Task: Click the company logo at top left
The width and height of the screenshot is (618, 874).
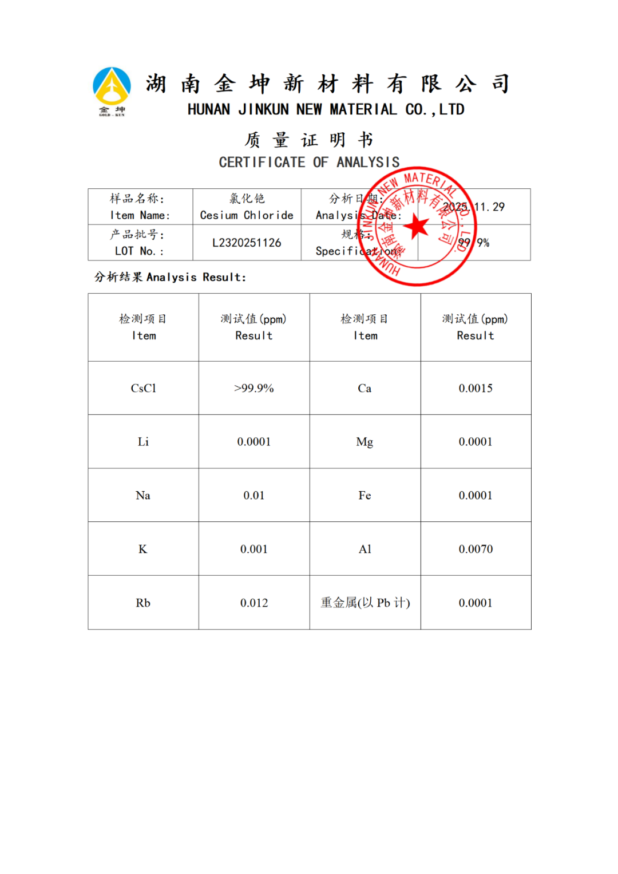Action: click(x=112, y=90)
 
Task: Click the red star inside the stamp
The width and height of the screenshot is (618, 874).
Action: click(x=417, y=227)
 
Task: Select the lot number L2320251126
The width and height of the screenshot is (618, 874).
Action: click(x=247, y=243)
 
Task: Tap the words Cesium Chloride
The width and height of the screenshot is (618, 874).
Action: click(x=247, y=215)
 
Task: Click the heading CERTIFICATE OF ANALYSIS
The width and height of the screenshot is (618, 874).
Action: click(x=309, y=163)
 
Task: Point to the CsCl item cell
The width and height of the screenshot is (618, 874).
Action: click(x=143, y=388)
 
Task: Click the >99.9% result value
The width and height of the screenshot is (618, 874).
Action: click(x=254, y=388)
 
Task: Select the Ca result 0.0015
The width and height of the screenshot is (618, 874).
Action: click(x=476, y=388)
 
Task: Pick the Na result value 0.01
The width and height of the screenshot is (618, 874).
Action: click(x=254, y=495)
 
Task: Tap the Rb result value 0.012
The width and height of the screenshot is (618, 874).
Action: click(x=254, y=603)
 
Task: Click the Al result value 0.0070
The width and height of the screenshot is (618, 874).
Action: click(x=476, y=549)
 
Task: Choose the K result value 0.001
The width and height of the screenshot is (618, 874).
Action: click(x=254, y=549)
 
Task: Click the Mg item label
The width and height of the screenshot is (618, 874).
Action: click(x=365, y=442)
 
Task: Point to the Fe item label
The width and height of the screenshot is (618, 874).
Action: click(x=365, y=495)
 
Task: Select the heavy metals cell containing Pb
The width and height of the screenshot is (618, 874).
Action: click(x=365, y=603)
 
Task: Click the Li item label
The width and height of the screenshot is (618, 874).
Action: click(x=143, y=442)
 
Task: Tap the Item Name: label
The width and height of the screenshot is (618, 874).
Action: click(x=140, y=215)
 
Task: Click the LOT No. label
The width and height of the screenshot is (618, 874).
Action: click(x=139, y=251)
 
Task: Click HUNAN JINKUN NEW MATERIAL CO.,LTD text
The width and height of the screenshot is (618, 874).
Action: click(x=326, y=109)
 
